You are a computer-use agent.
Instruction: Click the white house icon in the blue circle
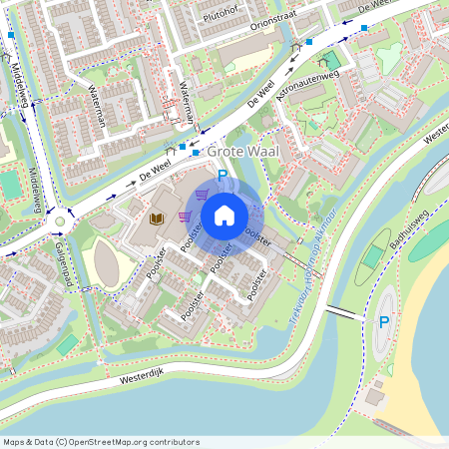(x=224, y=215)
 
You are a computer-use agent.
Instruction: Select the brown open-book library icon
(x=156, y=217)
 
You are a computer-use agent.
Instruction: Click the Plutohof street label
(x=221, y=15)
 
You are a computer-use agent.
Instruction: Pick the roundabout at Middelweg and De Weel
(x=60, y=222)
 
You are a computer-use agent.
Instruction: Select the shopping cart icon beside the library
(x=184, y=216)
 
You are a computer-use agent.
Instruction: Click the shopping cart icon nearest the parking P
(x=204, y=195)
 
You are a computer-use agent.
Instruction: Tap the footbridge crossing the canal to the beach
(x=341, y=312)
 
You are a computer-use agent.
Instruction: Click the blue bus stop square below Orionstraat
(x=309, y=41)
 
